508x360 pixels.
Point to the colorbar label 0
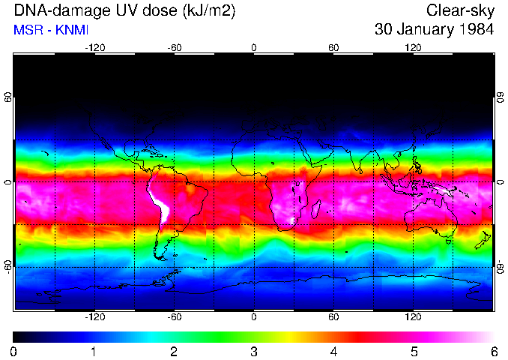[x=14, y=351]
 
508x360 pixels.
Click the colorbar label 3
[x=253, y=351]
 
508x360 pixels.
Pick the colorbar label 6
[x=493, y=351]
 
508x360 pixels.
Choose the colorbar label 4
[x=333, y=351]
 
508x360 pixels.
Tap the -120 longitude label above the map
[x=94, y=48]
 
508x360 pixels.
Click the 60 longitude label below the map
[x=333, y=316]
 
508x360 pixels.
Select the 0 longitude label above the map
[x=254, y=48]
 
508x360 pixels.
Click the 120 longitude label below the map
[x=413, y=316]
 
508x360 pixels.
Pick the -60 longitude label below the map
[x=174, y=316]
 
